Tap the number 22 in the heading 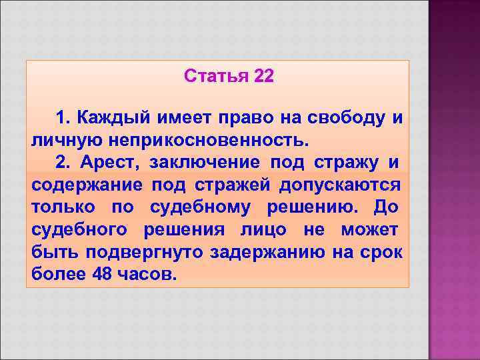click(x=263, y=77)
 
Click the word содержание click(x=86, y=185)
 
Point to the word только click(x=61, y=207)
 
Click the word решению click(x=311, y=207)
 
